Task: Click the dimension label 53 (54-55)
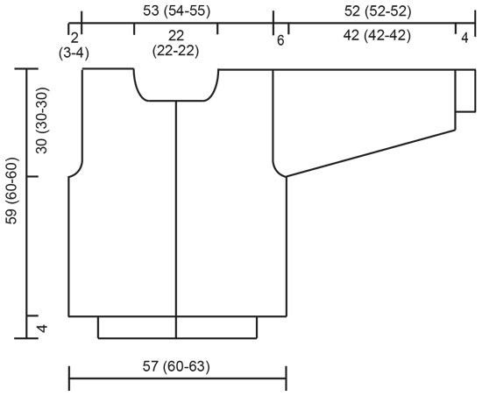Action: click(176, 11)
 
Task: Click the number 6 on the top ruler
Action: click(280, 40)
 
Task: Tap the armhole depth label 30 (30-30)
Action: click(45, 123)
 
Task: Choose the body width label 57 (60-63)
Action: click(174, 365)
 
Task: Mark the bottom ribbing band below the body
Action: click(176, 327)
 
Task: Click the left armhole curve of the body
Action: click(77, 169)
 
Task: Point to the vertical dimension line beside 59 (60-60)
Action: click(27, 202)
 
